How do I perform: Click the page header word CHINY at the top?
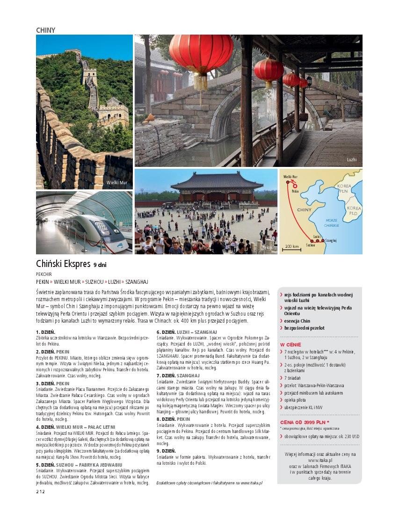[x=45, y=30]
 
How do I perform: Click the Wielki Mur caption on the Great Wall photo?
[x=116, y=182]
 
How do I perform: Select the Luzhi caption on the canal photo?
[x=351, y=160]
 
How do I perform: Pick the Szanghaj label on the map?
[x=330, y=240]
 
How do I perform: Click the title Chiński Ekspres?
[x=63, y=264]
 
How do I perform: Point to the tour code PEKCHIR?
[x=45, y=274]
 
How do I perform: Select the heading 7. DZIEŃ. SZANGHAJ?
[x=178, y=375]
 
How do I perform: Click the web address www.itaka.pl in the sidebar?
[x=320, y=460]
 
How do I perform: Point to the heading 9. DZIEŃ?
[x=166, y=450]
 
